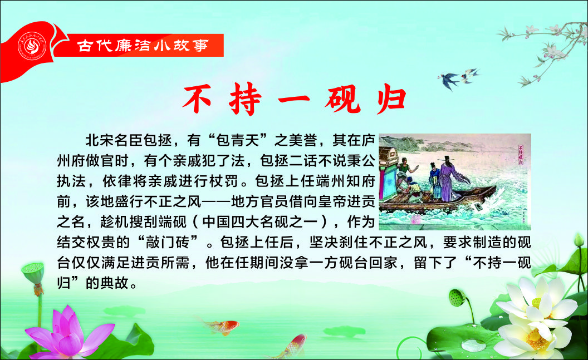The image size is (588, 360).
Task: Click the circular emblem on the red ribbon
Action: (32, 46)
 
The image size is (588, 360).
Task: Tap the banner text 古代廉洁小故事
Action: (143, 46)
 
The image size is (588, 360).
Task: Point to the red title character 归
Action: (391, 99)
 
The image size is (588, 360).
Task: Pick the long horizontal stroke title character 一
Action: (293, 100)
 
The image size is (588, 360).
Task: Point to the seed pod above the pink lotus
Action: (33, 272)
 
